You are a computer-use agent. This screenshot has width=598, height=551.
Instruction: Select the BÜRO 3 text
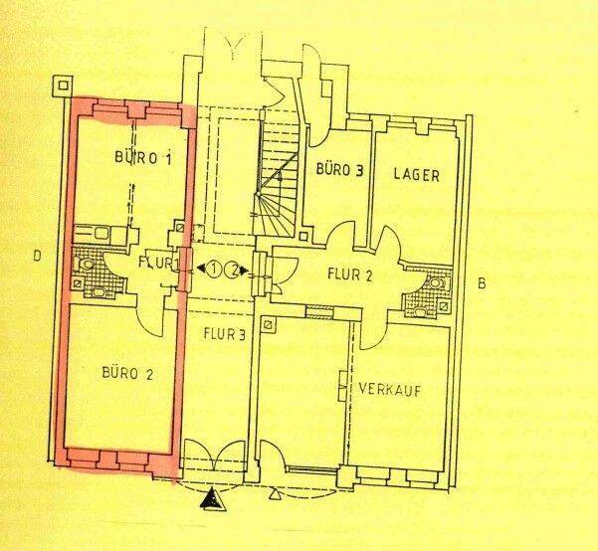click(339, 171)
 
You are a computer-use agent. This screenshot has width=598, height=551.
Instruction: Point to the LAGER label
click(417, 175)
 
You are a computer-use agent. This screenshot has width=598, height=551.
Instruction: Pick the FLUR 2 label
click(349, 274)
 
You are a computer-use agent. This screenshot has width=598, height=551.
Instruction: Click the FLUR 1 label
click(157, 264)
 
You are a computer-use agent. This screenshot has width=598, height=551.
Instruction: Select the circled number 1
click(213, 269)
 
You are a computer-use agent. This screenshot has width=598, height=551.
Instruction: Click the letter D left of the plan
click(36, 257)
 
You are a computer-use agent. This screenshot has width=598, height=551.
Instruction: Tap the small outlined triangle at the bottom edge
click(274, 494)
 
